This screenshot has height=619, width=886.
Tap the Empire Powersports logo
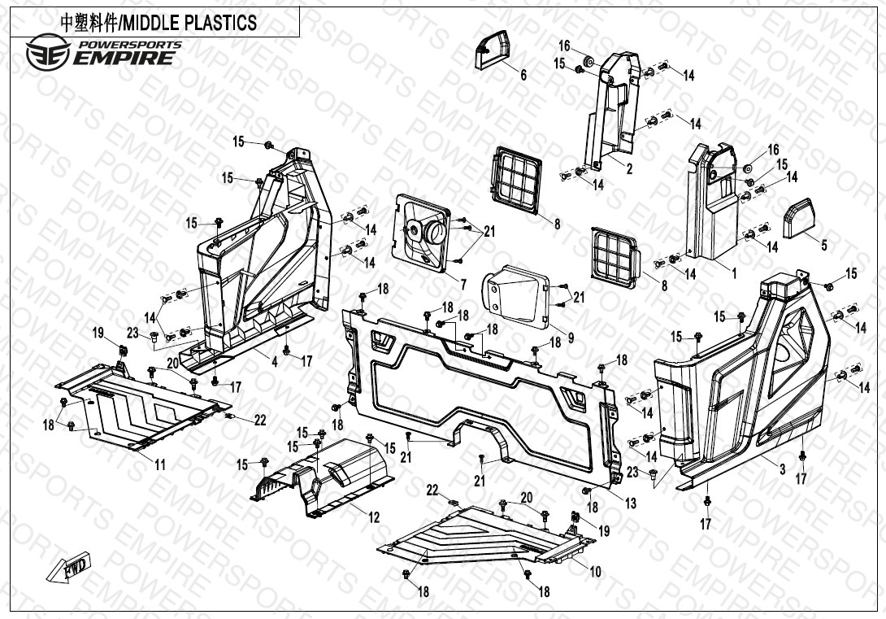(102, 51)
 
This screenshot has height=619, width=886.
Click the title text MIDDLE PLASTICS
(159, 22)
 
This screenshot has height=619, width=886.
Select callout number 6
(523, 76)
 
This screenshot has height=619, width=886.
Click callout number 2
(629, 169)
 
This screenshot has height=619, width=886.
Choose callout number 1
(734, 273)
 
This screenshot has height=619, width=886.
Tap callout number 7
(463, 285)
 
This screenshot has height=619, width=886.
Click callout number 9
(571, 338)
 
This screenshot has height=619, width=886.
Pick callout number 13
(631, 504)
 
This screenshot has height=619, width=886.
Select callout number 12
(374, 517)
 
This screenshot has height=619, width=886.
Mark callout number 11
(160, 465)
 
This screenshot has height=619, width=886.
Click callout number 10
(595, 572)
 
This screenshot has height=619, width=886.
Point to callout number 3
(782, 469)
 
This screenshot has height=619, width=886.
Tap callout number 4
(274, 362)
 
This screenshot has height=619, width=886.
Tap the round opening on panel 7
(426, 233)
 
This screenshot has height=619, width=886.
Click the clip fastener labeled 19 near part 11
(125, 351)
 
